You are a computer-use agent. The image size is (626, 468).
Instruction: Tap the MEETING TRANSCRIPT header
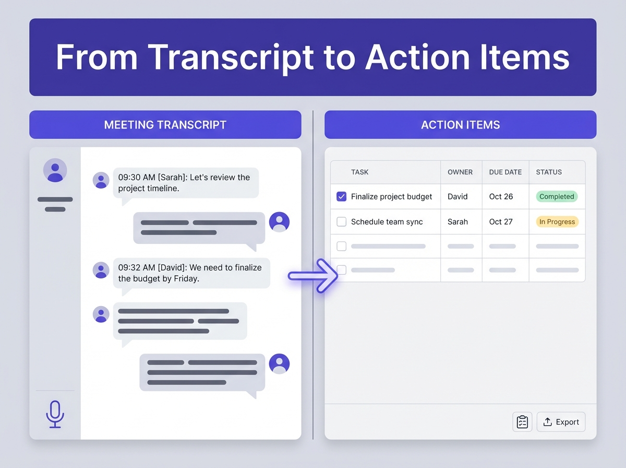tap(165, 125)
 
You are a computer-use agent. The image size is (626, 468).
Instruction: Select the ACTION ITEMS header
tap(460, 125)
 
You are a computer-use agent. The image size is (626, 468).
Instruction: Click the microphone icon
tap(55, 414)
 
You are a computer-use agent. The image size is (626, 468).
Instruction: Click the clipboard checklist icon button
tap(522, 422)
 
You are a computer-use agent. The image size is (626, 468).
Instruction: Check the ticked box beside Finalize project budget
tap(342, 197)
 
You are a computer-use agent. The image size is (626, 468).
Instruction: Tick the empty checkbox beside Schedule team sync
tap(342, 222)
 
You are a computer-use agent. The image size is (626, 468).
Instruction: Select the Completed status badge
tap(557, 197)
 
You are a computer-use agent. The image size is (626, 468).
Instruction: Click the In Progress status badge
tap(557, 222)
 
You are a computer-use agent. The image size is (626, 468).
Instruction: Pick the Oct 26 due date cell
tap(501, 197)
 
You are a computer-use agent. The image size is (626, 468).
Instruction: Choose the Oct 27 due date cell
tap(501, 222)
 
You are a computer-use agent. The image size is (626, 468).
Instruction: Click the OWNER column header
tap(460, 172)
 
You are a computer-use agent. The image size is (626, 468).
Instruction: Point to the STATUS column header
tap(549, 172)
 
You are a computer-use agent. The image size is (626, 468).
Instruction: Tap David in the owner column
tap(458, 197)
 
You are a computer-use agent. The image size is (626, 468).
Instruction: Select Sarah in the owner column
tap(458, 222)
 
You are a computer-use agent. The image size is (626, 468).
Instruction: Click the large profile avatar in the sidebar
tap(55, 170)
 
